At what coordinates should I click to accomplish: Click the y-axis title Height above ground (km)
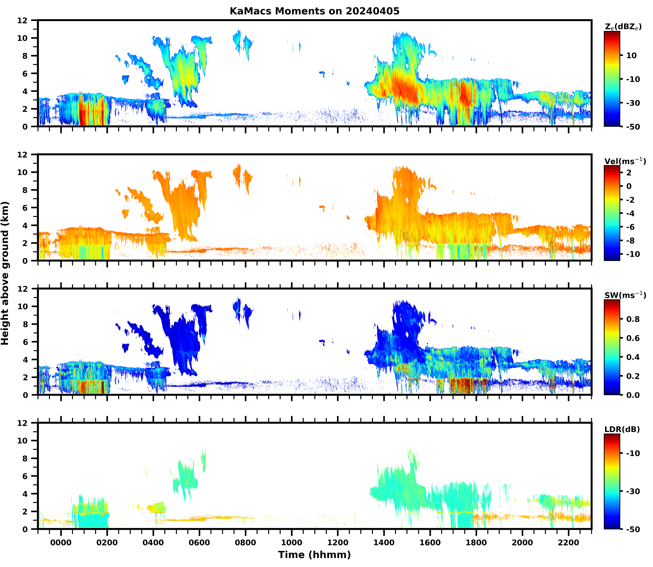click(x=5, y=273)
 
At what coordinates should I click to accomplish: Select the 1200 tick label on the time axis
click(x=338, y=543)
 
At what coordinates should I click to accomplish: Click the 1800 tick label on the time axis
click(x=476, y=543)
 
